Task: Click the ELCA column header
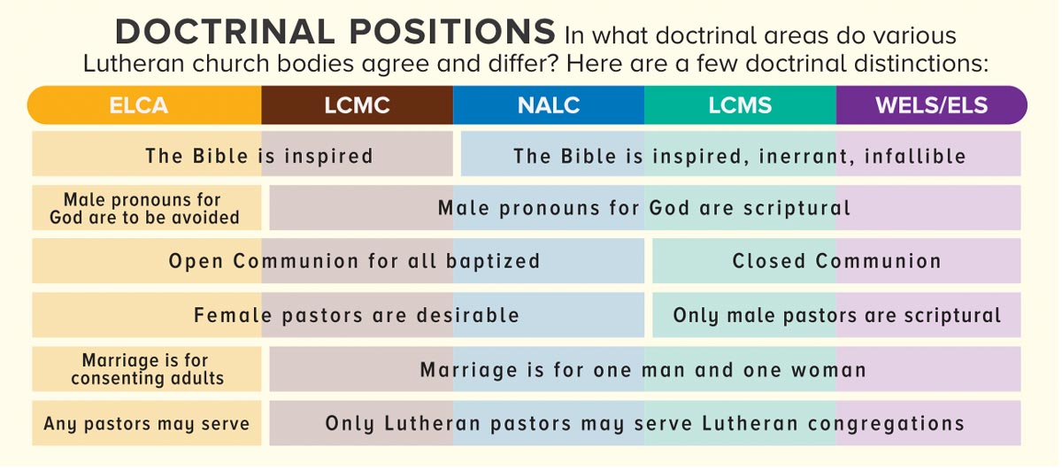[x=138, y=105]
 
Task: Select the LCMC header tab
[x=357, y=105]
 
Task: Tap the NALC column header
[x=549, y=105]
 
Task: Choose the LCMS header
[x=740, y=105]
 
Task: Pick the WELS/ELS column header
[x=931, y=105]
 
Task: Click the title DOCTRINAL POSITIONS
[x=335, y=33]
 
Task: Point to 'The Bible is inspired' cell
[x=258, y=156]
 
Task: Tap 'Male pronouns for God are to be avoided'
[x=144, y=209]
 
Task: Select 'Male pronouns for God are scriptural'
[x=643, y=209]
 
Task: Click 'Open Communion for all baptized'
[x=354, y=261]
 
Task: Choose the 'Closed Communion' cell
[x=836, y=261]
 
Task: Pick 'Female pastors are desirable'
[x=356, y=315]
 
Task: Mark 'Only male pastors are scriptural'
[x=836, y=315]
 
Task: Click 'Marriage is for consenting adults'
[x=147, y=369]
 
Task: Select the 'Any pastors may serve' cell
[x=147, y=423]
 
